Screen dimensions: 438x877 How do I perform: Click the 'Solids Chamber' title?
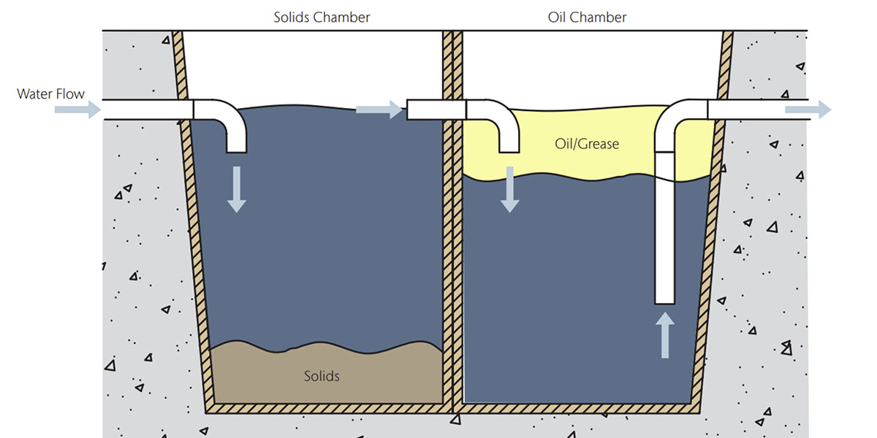(x=321, y=17)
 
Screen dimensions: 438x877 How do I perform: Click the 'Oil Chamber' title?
(x=587, y=17)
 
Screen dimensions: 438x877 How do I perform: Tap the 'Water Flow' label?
(x=50, y=94)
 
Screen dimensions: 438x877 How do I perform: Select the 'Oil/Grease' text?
(x=587, y=144)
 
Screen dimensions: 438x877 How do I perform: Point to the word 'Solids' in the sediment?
(x=322, y=377)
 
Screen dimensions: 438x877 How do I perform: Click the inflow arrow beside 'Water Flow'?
(x=77, y=109)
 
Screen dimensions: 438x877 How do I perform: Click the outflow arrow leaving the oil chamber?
(x=808, y=109)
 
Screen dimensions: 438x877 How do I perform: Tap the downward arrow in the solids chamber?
(x=235, y=189)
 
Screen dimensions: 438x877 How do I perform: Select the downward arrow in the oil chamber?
(x=509, y=189)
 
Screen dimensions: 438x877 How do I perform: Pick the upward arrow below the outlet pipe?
(x=665, y=335)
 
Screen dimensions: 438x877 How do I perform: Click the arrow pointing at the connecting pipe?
(x=379, y=109)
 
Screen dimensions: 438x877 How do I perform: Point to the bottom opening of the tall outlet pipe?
(x=665, y=301)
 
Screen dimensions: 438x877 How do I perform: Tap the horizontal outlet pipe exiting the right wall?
(x=753, y=109)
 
